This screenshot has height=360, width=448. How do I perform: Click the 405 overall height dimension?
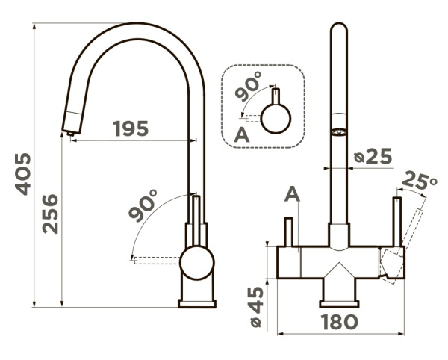[x=23, y=174]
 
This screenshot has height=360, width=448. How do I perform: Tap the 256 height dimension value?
[x=50, y=214]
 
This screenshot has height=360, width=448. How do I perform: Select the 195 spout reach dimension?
[x=131, y=128]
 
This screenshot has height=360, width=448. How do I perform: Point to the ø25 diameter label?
[x=373, y=157]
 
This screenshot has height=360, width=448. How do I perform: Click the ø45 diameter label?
[x=256, y=306]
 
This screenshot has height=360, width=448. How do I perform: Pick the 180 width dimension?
[x=340, y=322]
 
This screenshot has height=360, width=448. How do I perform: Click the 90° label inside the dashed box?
[x=248, y=87]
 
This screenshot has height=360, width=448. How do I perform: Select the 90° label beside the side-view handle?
[x=143, y=205]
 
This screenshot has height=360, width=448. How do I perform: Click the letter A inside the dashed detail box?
[x=242, y=135]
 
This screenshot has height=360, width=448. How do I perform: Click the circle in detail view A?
[x=276, y=119]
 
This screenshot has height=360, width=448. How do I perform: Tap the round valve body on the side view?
[x=197, y=263]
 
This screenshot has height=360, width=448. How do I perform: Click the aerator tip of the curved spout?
[x=70, y=133]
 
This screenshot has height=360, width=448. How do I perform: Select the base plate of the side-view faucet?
[x=197, y=303]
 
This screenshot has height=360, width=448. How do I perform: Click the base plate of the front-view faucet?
[x=339, y=304]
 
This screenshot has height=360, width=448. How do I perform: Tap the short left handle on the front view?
[x=288, y=232]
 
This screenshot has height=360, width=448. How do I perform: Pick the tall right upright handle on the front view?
[x=397, y=221]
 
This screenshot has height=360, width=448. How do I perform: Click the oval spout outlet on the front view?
[x=339, y=132]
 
